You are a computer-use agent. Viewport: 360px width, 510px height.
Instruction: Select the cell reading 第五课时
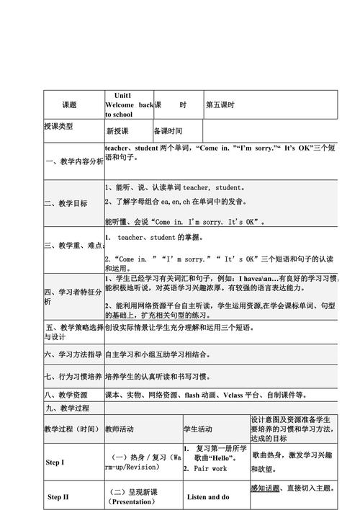(221, 104)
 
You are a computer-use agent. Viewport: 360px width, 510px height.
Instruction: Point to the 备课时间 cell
(168, 131)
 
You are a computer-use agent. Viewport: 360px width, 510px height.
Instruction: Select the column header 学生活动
(198, 429)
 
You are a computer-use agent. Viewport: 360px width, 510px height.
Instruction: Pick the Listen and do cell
(208, 497)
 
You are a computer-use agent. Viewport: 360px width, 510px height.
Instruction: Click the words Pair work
(210, 469)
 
